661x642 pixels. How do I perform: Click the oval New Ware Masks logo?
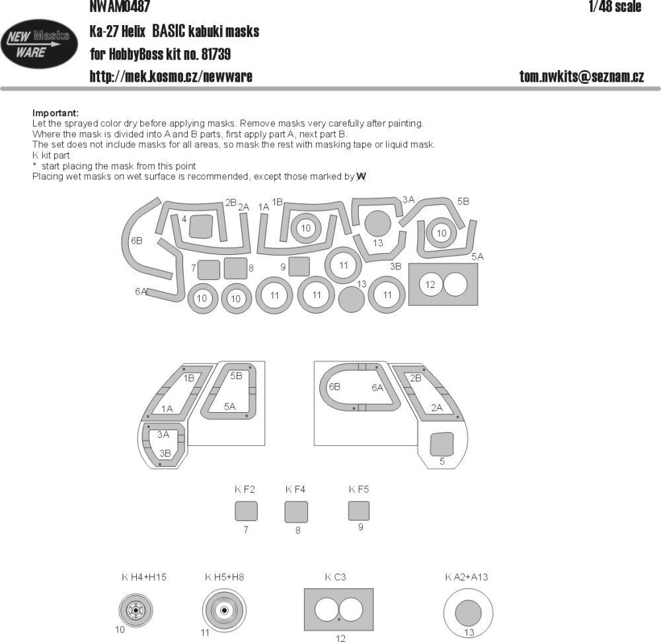(40, 44)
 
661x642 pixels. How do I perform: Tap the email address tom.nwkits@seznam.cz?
(581, 76)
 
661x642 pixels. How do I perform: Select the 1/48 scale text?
(615, 7)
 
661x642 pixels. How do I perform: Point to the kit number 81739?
(216, 54)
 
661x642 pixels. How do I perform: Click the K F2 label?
(245, 489)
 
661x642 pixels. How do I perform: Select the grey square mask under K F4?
(296, 512)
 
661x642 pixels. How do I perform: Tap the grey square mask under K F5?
(359, 511)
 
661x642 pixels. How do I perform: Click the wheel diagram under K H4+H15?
(136, 610)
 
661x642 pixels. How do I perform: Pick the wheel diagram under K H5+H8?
(224, 610)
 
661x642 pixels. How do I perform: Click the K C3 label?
(335, 577)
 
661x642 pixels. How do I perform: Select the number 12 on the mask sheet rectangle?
(430, 285)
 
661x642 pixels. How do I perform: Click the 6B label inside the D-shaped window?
(334, 386)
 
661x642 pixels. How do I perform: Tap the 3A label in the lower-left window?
(163, 435)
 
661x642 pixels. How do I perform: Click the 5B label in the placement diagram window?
(236, 376)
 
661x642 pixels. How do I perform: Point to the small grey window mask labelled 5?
(442, 444)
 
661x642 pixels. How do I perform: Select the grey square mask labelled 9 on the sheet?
(299, 266)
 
